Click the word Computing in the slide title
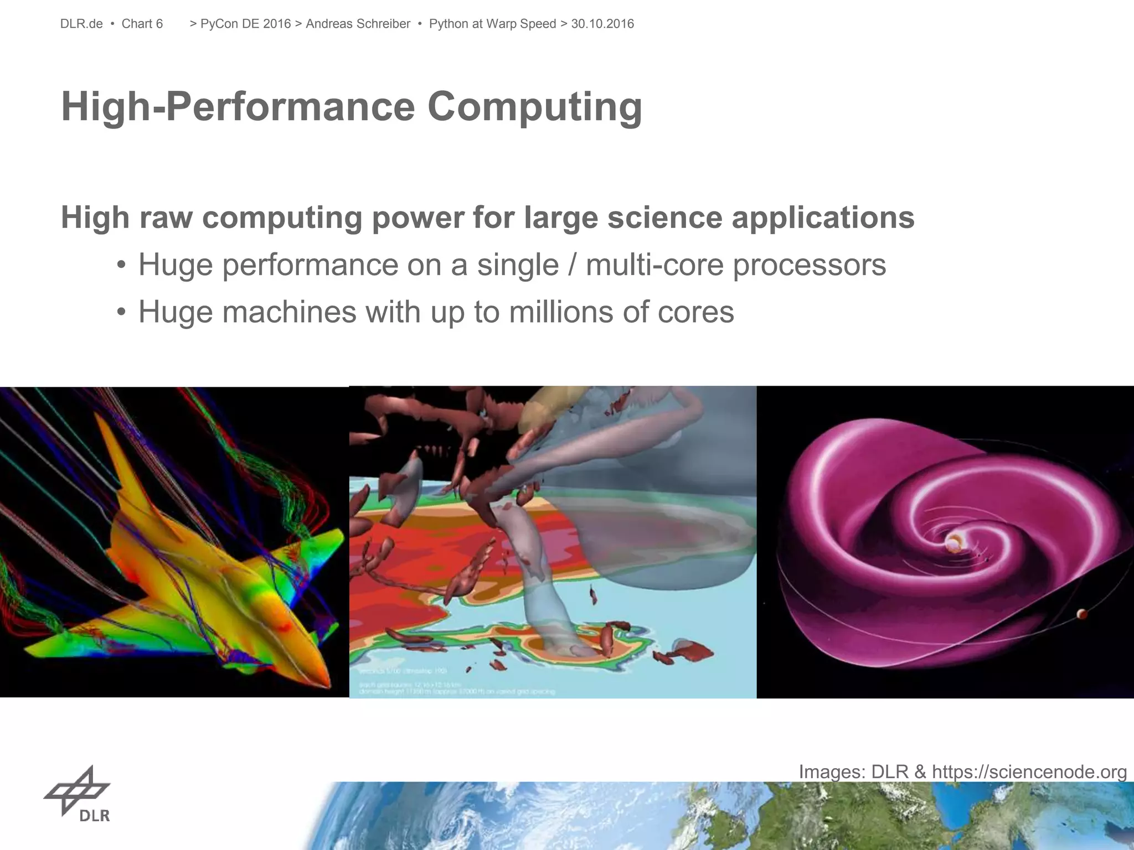click(534, 107)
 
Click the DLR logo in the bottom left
click(78, 794)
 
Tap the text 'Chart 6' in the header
click(142, 24)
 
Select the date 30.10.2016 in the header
click(602, 24)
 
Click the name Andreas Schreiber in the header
click(358, 24)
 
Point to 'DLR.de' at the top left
click(81, 24)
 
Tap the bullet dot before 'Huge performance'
click(121, 265)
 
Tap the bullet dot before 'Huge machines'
click(121, 312)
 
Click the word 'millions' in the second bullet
click(561, 312)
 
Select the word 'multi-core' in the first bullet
click(654, 265)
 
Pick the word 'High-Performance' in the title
click(238, 107)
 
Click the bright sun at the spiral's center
click(953, 543)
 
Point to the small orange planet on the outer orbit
click(1081, 614)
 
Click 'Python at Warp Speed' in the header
click(492, 24)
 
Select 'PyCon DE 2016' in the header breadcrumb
click(245, 24)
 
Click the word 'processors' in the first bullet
click(810, 265)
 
